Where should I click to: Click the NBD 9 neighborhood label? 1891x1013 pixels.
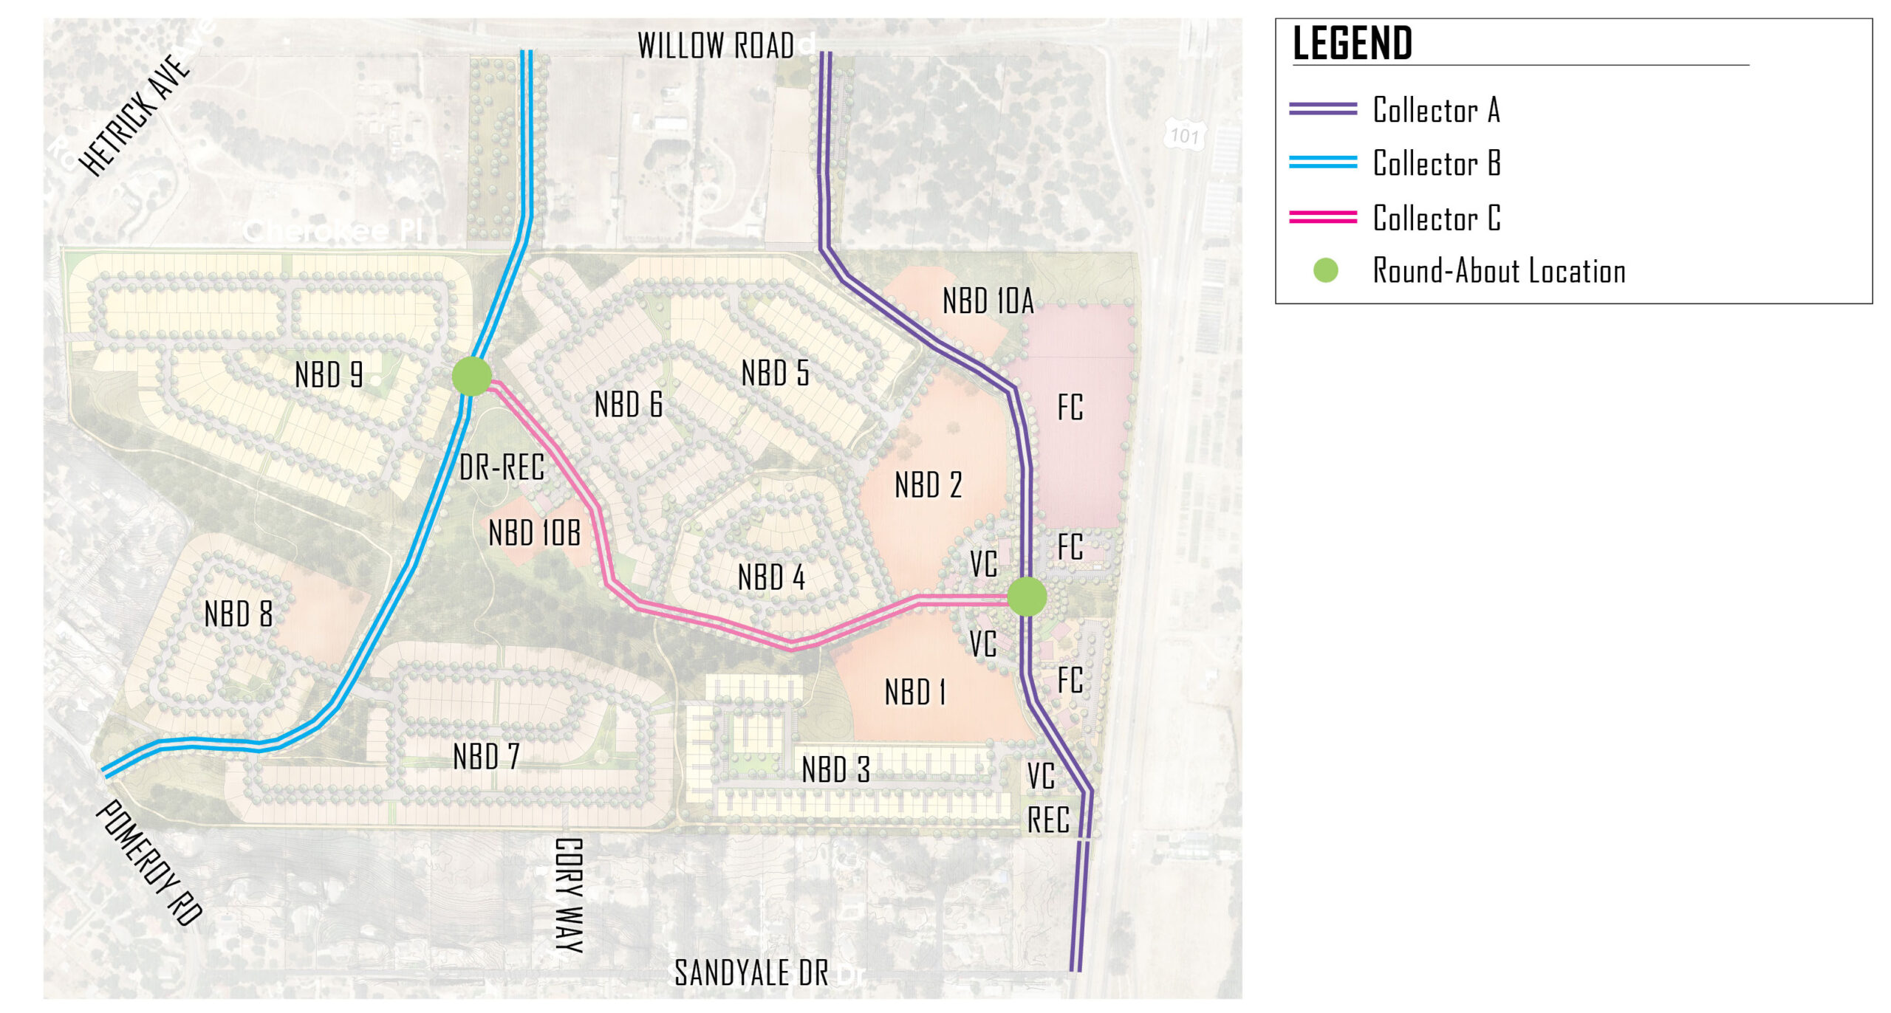[x=328, y=374]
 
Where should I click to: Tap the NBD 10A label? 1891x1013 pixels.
[x=988, y=301]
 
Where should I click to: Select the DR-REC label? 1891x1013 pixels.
[x=502, y=467]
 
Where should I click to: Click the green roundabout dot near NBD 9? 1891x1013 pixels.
[x=471, y=376]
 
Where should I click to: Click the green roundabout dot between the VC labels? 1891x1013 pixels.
[x=1026, y=597]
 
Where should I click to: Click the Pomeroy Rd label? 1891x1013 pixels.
[x=148, y=862]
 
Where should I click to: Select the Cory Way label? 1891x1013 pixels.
[x=569, y=895]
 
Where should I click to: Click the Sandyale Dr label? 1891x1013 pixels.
[x=751, y=972]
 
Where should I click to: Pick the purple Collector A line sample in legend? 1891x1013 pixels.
[x=1322, y=109]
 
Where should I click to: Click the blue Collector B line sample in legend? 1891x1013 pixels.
[x=1322, y=162]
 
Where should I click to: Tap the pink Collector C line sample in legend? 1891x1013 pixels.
[x=1322, y=216]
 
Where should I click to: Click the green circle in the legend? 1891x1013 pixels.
[x=1325, y=270]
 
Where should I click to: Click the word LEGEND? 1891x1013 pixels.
[x=1352, y=43]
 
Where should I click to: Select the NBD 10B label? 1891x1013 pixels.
[x=534, y=532]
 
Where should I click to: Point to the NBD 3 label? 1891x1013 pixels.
[x=835, y=769]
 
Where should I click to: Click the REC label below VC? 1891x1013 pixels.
[x=1047, y=820]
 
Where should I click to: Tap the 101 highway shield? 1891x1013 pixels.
[x=1183, y=135]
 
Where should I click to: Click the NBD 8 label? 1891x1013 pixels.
[x=238, y=614]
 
